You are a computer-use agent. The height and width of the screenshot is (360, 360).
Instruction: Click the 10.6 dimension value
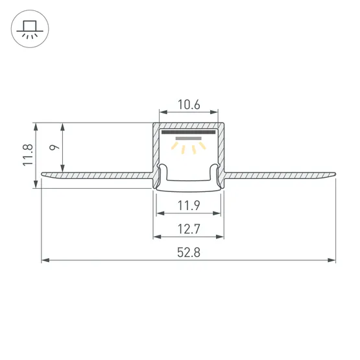pos(189,104)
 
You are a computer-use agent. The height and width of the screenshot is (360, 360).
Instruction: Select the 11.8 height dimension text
pos(28,155)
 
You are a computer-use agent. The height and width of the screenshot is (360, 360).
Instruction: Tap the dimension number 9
pos(54,147)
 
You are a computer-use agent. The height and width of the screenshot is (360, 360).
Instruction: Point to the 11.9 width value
pos(189,206)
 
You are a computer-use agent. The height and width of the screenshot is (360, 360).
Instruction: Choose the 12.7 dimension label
pos(189,229)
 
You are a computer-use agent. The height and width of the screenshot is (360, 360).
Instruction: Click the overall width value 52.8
pos(189,252)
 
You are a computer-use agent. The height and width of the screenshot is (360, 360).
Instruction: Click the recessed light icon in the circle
pos(30,29)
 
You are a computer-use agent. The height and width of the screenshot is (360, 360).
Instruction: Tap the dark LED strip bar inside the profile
pos(189,132)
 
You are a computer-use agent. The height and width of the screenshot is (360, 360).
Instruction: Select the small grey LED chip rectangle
pos(189,138)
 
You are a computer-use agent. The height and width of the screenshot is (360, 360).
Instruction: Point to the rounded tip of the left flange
pos(42,174)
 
